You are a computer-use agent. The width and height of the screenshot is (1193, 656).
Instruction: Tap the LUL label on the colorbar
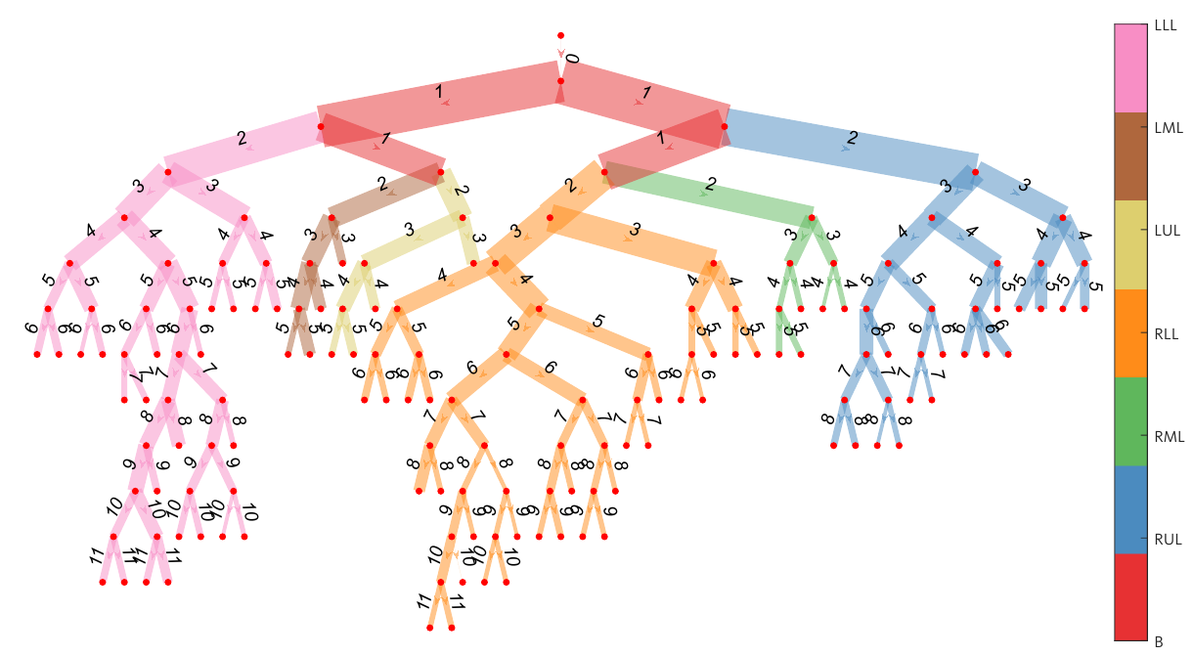point(1166,231)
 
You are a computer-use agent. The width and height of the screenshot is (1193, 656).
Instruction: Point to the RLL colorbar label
point(1166,333)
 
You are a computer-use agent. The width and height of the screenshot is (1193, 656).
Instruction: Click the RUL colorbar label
point(1167,539)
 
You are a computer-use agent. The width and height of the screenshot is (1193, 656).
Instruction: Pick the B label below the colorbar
point(1159,642)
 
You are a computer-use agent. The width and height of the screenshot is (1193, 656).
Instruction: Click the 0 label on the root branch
point(573,59)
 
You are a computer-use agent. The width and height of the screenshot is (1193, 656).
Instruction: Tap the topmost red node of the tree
point(560,35)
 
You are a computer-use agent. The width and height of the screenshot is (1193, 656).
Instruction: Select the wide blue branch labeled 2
point(851,140)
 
